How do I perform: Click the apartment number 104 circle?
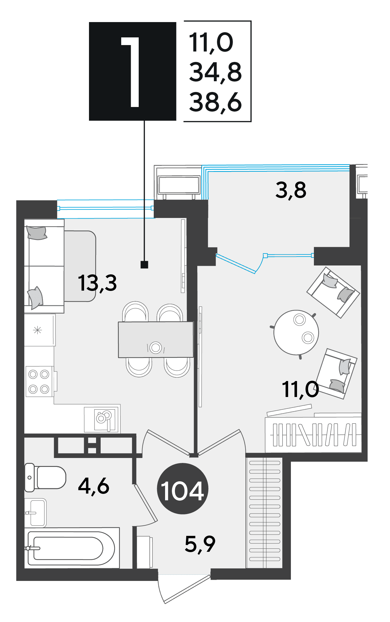tap(183, 488)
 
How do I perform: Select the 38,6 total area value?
tap(215, 102)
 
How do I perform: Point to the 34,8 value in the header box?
tap(215, 72)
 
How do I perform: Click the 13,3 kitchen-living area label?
tap(97, 283)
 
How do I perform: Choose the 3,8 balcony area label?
tap(291, 190)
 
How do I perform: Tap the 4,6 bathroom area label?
tap(94, 486)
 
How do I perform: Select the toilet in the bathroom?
tap(45, 477)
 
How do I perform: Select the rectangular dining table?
tap(156, 340)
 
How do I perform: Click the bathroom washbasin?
tap(35, 513)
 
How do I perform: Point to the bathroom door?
tap(145, 503)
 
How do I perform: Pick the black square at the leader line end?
tap(144, 265)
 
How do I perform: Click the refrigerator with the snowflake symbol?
tap(40, 330)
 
